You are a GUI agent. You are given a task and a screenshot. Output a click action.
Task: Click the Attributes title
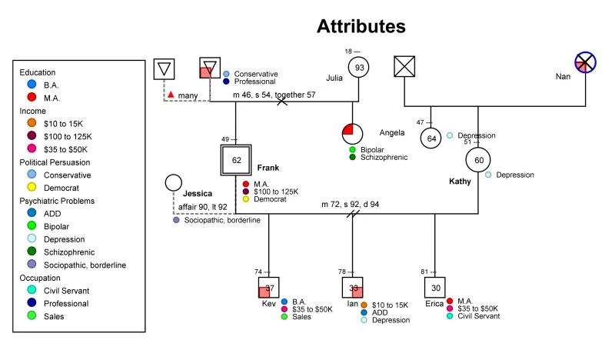tap(361, 26)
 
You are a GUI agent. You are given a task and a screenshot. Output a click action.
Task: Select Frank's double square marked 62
tap(236, 160)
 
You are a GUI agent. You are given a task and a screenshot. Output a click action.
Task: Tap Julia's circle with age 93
tap(359, 68)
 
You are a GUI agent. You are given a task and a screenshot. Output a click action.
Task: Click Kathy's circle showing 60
tap(478, 160)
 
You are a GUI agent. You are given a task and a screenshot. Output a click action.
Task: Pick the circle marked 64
tap(431, 138)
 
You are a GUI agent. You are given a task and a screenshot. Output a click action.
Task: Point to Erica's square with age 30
tap(435, 288)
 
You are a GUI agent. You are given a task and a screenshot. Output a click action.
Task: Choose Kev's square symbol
tap(269, 288)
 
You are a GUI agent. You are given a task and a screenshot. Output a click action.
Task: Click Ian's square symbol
tap(353, 288)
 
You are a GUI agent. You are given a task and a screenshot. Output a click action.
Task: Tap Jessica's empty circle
tap(174, 182)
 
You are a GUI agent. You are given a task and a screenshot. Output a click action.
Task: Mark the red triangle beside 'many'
tap(171, 94)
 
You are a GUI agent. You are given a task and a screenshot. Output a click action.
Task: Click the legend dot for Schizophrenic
tap(31, 250)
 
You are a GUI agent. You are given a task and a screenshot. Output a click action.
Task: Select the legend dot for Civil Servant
tap(31, 289)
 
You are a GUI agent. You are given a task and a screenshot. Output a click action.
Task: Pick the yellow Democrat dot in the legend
tap(31, 188)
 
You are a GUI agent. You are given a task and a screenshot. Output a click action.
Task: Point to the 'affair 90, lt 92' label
tap(200, 206)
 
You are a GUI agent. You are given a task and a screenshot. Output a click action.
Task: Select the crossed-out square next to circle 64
tap(404, 68)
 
